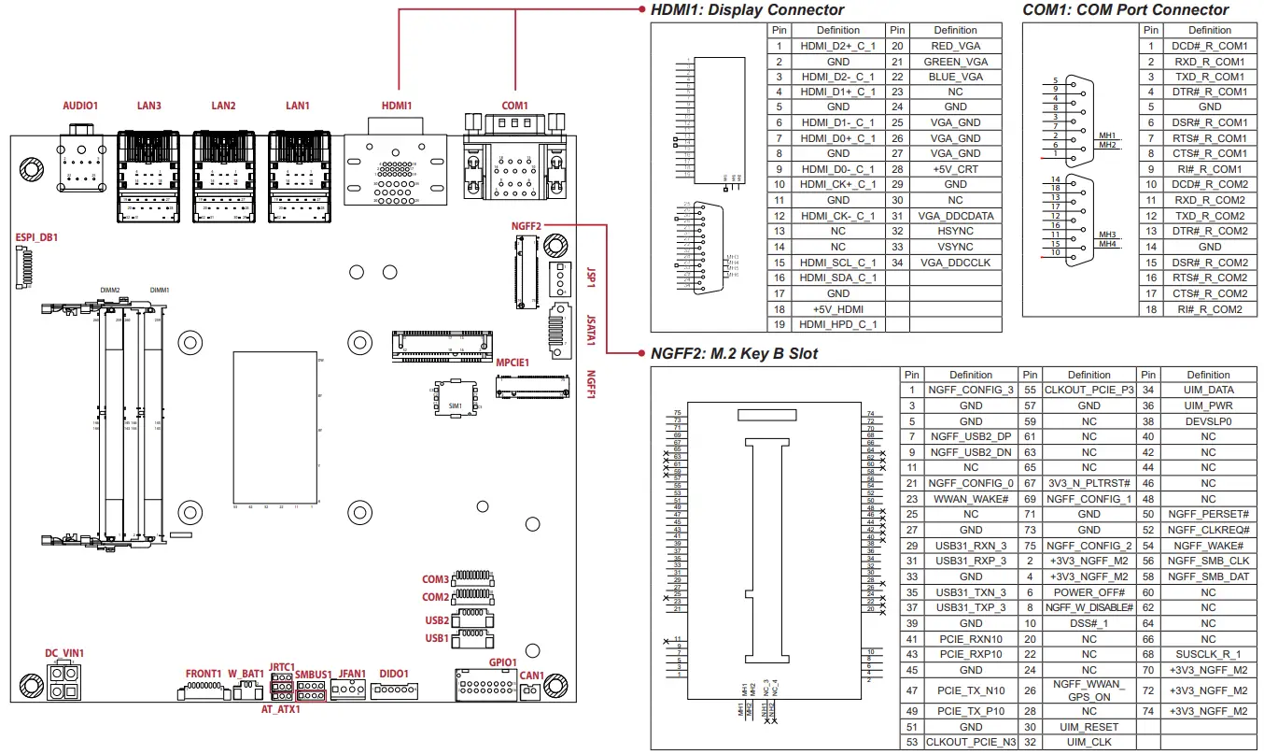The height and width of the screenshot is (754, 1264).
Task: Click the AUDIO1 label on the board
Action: pos(79,107)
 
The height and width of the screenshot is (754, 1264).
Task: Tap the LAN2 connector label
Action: pos(223,107)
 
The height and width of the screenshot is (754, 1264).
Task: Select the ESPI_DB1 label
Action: pos(36,237)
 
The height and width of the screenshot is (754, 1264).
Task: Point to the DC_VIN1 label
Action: pos(64,653)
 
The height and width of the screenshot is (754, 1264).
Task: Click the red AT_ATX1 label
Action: pos(280,710)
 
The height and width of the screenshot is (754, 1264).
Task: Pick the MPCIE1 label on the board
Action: pos(513,363)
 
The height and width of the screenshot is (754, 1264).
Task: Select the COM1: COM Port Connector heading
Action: pos(1126,10)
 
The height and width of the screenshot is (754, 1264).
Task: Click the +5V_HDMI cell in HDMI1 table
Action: pos(837,308)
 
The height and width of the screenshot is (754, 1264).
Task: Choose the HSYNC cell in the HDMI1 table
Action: pos(956,231)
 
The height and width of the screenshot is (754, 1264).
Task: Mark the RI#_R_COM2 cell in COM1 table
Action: pos(1209,308)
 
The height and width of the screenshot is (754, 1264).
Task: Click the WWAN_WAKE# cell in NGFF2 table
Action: pos(970,499)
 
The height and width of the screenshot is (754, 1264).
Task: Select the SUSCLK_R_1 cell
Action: pos(1208,654)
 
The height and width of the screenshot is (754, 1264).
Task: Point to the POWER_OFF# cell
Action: pos(1088,592)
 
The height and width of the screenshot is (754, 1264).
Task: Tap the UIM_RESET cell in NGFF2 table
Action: pos(1088,727)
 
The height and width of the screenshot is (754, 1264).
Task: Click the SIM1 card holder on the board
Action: pos(455,402)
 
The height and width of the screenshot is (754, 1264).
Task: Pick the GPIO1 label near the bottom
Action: pos(502,662)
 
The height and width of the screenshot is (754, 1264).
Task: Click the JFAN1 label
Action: pos(352,673)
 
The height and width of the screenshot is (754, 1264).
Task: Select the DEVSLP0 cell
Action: pos(1208,421)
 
